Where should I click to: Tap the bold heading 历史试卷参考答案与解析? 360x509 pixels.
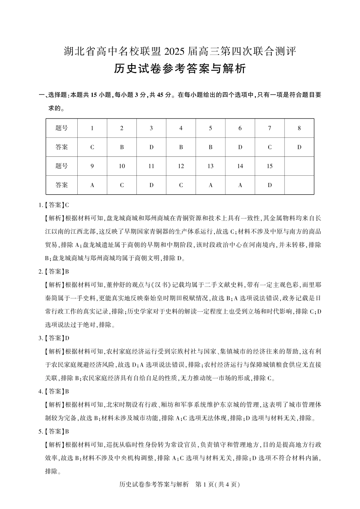coord(180,69)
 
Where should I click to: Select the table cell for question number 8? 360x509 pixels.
coord(299,128)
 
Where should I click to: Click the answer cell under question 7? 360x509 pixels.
coord(269,147)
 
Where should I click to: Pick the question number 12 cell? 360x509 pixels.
coord(181,166)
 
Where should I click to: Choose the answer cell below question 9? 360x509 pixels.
coord(92,185)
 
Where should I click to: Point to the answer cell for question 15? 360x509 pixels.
coord(269,185)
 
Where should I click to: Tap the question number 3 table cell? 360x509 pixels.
coord(151,128)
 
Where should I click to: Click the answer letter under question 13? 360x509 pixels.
coord(210,185)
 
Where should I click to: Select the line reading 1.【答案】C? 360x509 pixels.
coord(54,205)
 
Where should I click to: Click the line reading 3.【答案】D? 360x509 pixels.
coord(54,338)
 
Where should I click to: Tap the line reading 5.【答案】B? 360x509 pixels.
coord(54,431)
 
